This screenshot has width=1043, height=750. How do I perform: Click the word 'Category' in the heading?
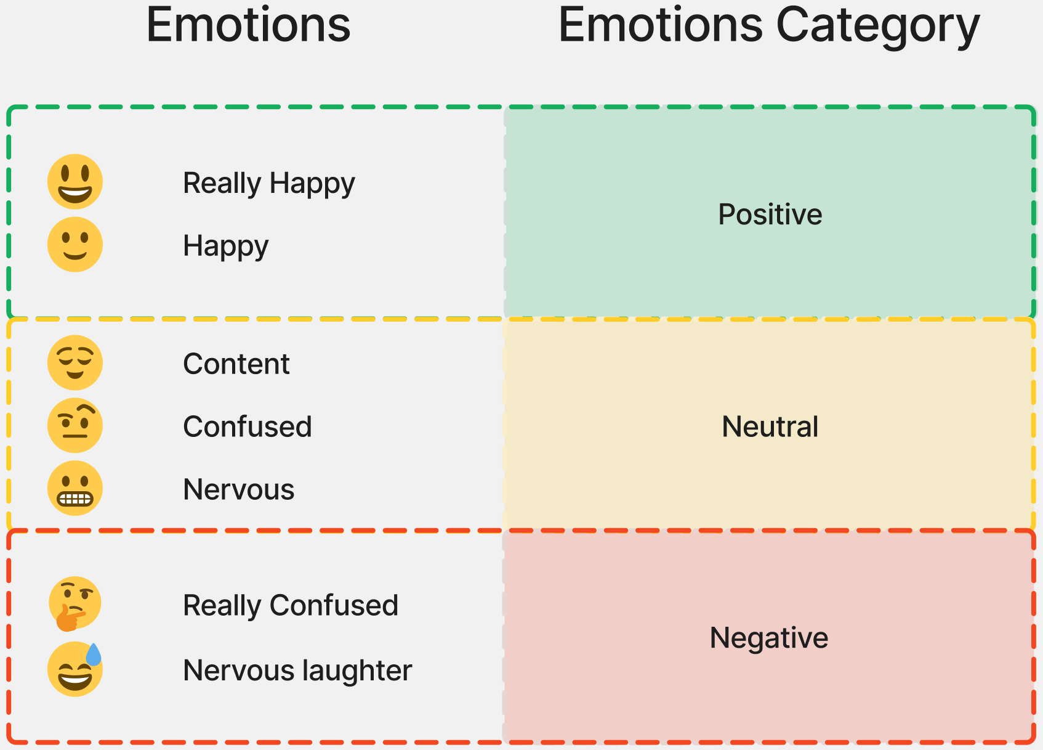click(x=878, y=27)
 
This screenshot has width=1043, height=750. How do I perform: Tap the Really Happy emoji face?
click(x=75, y=181)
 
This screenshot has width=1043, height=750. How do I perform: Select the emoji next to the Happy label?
click(x=75, y=244)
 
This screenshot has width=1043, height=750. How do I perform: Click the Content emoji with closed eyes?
click(x=75, y=362)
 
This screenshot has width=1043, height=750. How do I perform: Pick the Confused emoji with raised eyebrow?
click(x=75, y=425)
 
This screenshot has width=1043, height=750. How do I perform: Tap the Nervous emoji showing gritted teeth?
click(x=75, y=488)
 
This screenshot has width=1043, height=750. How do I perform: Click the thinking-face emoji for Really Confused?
click(x=75, y=603)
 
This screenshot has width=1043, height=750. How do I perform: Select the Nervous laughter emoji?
click(x=75, y=669)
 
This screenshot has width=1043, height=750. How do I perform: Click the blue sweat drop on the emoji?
click(x=94, y=654)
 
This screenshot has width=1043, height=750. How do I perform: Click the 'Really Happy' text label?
click(x=268, y=183)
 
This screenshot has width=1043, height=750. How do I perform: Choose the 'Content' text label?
click(x=236, y=364)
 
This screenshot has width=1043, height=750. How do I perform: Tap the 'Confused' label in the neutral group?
click(x=248, y=426)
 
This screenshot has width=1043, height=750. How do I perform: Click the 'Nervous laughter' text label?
click(x=297, y=671)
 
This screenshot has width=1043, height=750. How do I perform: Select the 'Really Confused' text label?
click(x=291, y=605)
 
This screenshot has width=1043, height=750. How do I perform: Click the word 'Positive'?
click(x=770, y=214)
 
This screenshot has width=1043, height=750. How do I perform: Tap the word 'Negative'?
click(x=769, y=638)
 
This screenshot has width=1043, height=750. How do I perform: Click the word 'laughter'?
click(x=357, y=671)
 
